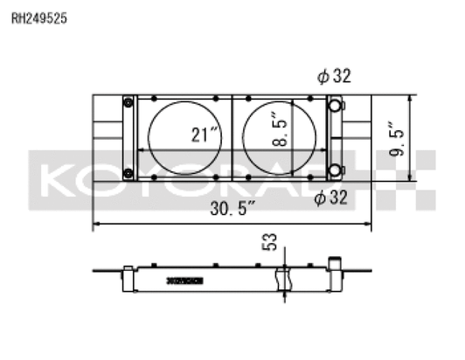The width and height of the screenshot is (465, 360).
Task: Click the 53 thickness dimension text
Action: [270, 241]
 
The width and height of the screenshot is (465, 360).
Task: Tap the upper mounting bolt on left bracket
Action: [128, 104]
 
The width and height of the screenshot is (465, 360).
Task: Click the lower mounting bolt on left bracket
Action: [128, 170]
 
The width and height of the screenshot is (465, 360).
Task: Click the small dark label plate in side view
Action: [184, 280]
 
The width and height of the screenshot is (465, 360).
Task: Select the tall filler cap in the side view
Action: [333, 263]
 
